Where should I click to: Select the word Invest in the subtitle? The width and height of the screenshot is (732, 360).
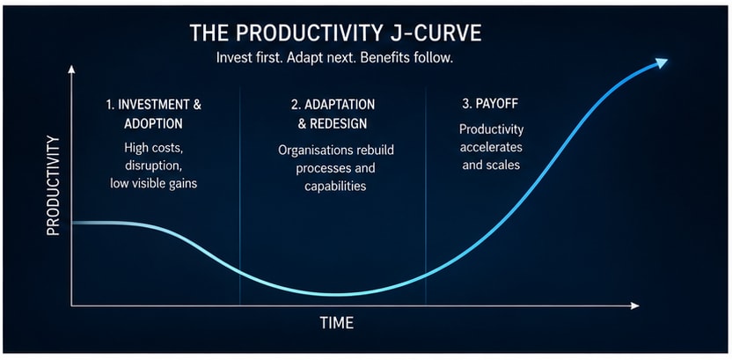(x=231, y=60)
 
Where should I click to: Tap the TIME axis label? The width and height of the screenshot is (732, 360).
(x=337, y=323)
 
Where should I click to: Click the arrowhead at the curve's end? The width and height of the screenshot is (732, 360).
(x=661, y=63)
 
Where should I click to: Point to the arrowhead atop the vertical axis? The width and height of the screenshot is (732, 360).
(x=71, y=70)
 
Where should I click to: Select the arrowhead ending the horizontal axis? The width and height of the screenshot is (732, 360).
(x=634, y=305)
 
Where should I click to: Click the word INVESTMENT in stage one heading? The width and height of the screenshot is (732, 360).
(x=150, y=105)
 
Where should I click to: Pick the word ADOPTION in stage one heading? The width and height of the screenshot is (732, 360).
(x=153, y=124)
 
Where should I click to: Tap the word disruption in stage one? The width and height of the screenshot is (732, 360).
(x=153, y=165)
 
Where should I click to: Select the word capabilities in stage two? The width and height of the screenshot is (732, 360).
(x=335, y=186)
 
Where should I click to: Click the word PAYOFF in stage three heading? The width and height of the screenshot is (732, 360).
(x=501, y=104)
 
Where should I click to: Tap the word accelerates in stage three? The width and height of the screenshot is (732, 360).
(x=491, y=147)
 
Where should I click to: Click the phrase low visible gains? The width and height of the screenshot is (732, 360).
(x=154, y=184)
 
